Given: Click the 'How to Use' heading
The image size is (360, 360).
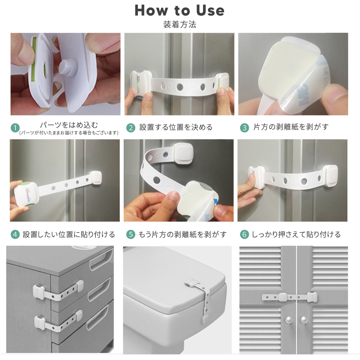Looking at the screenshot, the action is (x=179, y=10).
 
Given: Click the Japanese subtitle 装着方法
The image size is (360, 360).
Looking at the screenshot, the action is (x=180, y=24).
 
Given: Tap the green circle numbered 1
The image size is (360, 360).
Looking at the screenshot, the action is (x=15, y=128).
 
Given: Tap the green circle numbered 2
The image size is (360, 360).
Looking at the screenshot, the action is (x=131, y=128).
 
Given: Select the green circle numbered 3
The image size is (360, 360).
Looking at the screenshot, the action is (x=244, y=128).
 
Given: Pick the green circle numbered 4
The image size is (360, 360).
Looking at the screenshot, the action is (x=15, y=234).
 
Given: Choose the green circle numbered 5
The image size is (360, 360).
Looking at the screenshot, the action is (x=131, y=234).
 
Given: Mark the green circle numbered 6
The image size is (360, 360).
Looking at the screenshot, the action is (x=244, y=234).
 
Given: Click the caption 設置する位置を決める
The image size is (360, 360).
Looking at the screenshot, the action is (x=176, y=127).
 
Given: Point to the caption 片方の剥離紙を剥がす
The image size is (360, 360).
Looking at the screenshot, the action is (x=291, y=127).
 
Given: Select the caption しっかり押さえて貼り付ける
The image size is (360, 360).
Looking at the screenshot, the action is (x=296, y=234).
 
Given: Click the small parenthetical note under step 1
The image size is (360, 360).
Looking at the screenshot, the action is (x=69, y=133).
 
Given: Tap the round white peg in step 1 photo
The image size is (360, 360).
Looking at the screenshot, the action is (x=68, y=68).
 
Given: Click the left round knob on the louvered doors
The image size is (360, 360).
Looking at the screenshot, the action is (x=289, y=320).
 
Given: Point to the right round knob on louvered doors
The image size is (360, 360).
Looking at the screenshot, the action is (x=304, y=320).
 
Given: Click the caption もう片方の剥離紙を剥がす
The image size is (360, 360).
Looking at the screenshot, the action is (x=183, y=234).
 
